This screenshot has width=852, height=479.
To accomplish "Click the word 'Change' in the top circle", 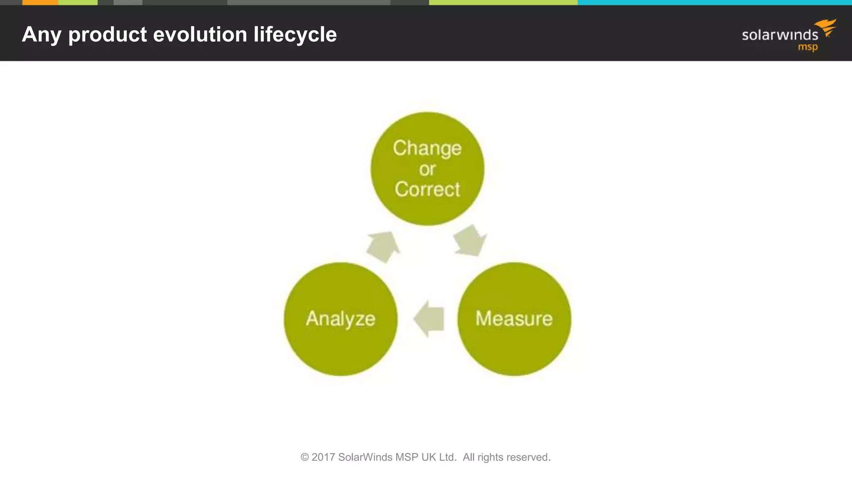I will [x=427, y=148].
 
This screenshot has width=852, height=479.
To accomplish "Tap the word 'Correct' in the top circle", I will [x=427, y=189].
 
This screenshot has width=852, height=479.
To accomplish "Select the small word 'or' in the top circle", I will [x=427, y=169].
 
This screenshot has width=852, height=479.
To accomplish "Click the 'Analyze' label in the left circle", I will [x=340, y=319].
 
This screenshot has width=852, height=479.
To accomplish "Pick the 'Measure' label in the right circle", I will [x=514, y=319].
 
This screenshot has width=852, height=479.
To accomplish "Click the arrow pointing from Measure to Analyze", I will [x=429, y=319].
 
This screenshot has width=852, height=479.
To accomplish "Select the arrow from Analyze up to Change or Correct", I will [x=383, y=247].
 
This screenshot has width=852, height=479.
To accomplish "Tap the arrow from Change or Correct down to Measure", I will [x=470, y=241].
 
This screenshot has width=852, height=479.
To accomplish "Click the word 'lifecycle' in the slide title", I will [x=295, y=34].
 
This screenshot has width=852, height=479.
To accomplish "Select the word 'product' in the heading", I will [x=107, y=35].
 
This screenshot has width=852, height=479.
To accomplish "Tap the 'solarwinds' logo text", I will [x=780, y=35].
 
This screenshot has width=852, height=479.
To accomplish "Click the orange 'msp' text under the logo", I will [x=807, y=47].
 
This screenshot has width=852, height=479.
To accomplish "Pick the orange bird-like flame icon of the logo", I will [x=827, y=27].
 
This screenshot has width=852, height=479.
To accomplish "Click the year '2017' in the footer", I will [x=323, y=457].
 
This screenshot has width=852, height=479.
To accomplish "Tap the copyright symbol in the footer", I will [x=305, y=457].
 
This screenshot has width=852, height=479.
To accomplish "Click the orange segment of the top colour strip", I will [x=40, y=2].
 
